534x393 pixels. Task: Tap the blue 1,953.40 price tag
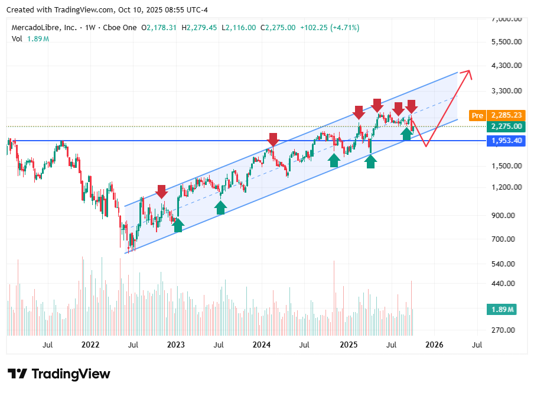pos(506,141)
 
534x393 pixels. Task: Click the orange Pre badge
pos(477,115)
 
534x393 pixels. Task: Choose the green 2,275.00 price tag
pos(506,126)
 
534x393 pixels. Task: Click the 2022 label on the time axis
pos(90,344)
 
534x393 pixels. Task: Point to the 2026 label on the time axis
pos(435,344)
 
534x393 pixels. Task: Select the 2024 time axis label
pos(262,344)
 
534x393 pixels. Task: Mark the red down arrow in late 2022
pos(162,191)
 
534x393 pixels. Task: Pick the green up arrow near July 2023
pos(220,207)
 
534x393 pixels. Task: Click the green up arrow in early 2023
pos(178,225)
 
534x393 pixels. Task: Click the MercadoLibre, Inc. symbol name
pos(44,28)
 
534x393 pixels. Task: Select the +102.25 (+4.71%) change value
pos(328,28)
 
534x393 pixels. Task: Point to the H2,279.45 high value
pos(200,28)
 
